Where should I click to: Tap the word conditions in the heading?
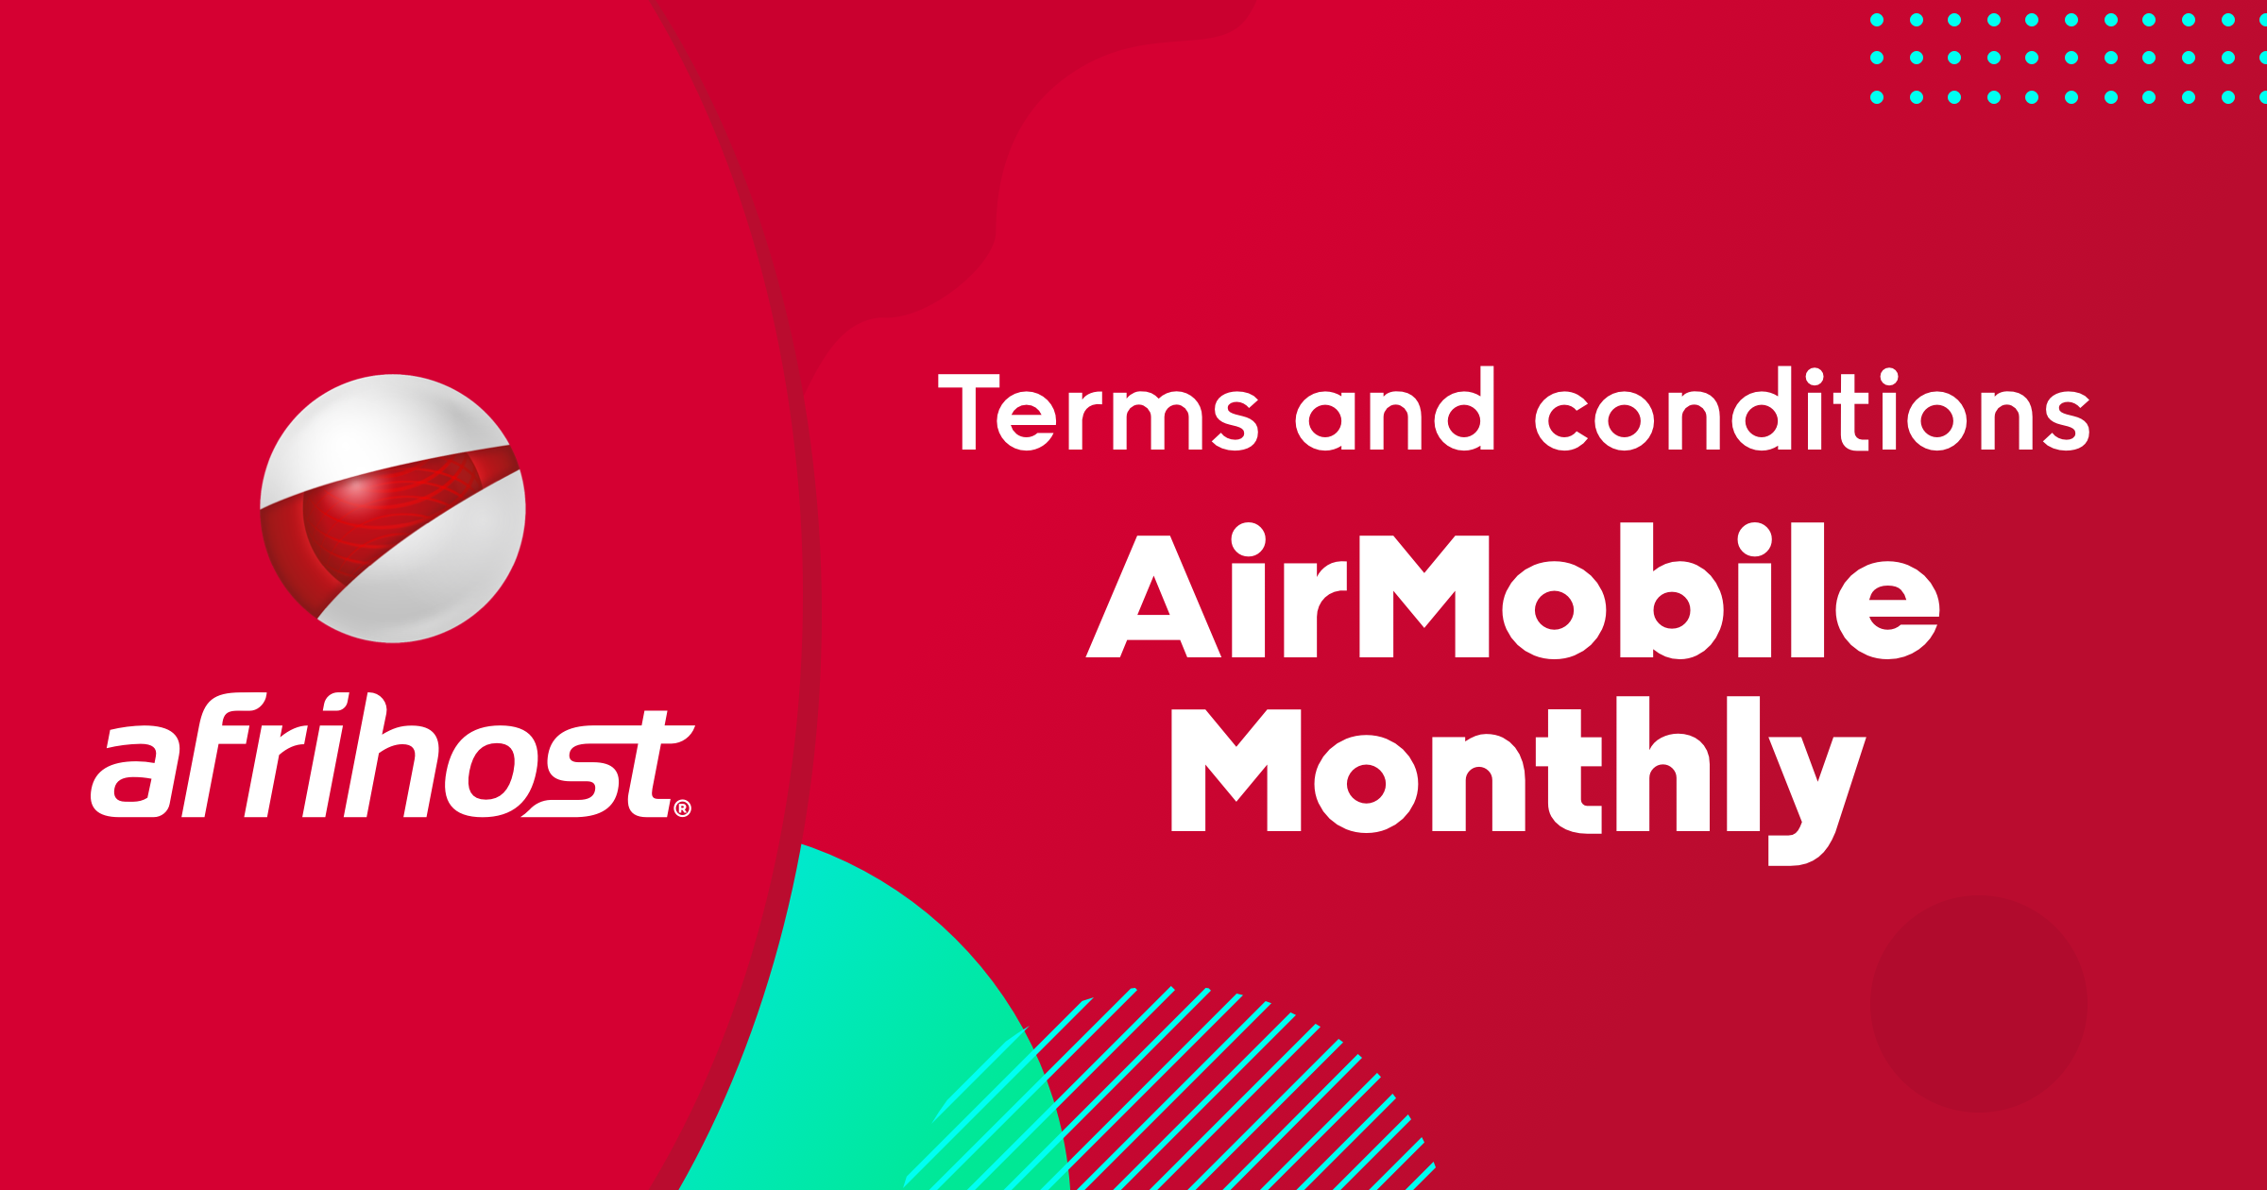pos(1813,411)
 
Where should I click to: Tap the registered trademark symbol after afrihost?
pos(683,808)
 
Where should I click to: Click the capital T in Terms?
pos(968,411)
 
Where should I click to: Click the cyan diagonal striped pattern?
pos(1228,1096)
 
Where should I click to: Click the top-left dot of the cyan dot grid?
pos(1877,20)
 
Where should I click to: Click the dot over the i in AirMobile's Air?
pos(1248,540)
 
